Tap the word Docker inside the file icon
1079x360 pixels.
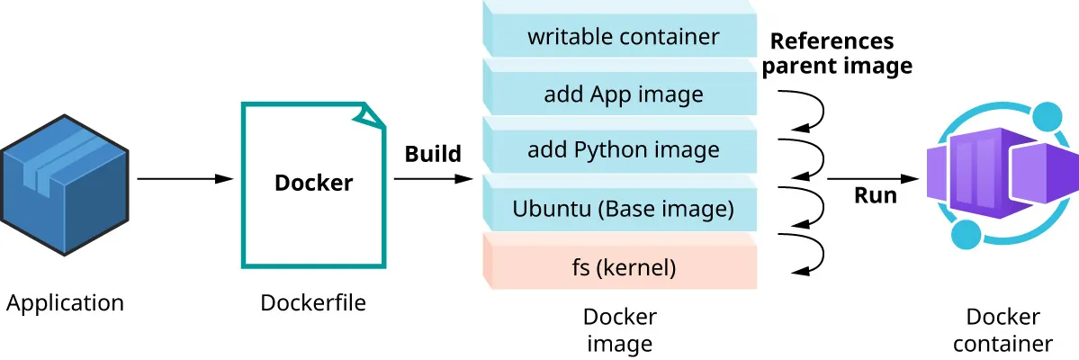coord(313,183)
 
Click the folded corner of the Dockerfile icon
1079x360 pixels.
coord(372,114)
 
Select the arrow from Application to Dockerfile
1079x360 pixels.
coord(184,179)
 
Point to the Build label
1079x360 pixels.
coord(432,154)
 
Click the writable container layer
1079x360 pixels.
coord(623,37)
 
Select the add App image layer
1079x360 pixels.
coord(623,94)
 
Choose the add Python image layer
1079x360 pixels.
coord(623,149)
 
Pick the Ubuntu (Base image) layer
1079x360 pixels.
coord(623,209)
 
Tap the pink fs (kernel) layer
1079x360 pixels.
coord(623,266)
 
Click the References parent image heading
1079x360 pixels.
coord(841,53)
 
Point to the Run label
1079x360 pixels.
coord(875,195)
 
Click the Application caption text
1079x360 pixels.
coord(65,303)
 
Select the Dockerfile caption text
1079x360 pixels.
coord(313,303)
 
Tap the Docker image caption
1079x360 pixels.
coord(619,330)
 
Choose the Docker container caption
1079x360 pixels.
coord(1003,330)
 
